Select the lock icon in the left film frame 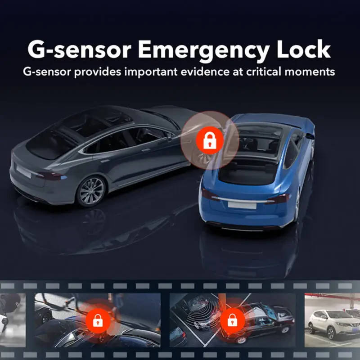tap(98, 320)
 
